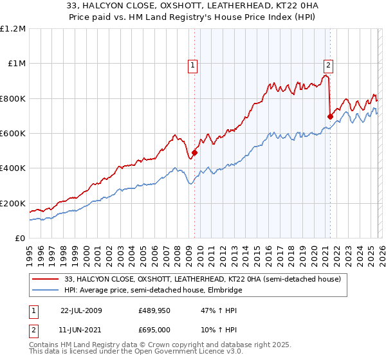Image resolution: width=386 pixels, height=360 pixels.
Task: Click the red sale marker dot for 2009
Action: point(194,153)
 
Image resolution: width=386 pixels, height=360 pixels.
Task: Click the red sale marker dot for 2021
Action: point(330,117)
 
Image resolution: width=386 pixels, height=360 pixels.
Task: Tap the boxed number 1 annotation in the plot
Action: point(193,64)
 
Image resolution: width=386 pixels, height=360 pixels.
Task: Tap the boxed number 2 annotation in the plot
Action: point(329,64)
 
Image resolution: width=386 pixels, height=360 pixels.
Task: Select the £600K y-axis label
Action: point(13,134)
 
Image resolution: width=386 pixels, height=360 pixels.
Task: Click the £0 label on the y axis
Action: point(20,239)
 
